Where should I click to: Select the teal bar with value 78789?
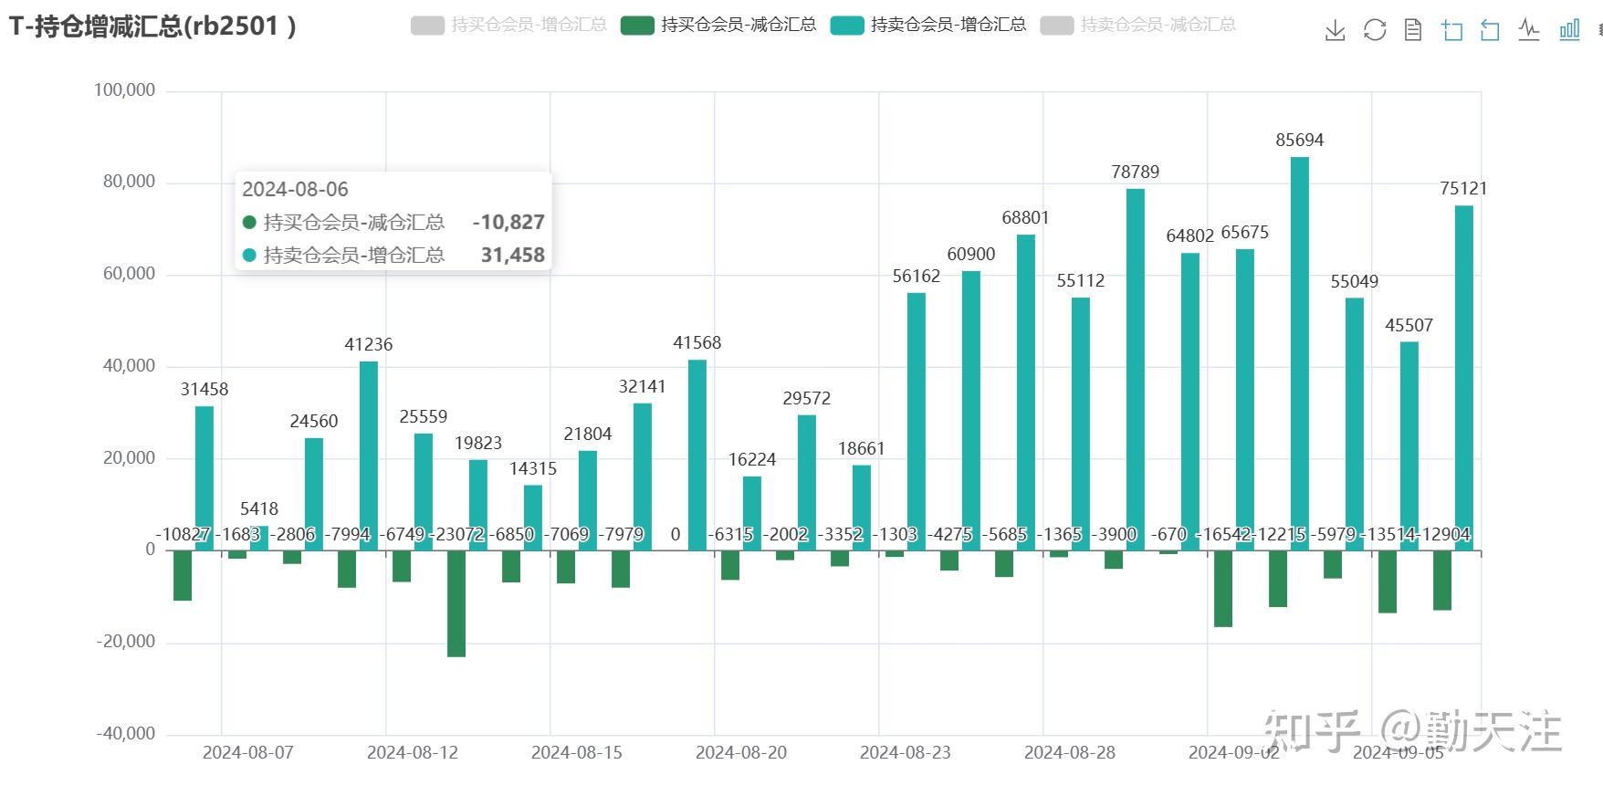click(1135, 370)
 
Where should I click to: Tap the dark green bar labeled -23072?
click(456, 603)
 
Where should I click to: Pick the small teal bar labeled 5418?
click(258, 539)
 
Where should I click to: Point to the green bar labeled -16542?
click(1222, 589)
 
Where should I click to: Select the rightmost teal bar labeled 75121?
click(1463, 378)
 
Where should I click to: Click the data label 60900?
click(970, 254)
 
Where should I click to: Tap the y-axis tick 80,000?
click(129, 182)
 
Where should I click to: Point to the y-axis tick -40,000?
click(126, 733)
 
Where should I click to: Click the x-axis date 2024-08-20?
click(740, 752)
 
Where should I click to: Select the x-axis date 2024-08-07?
click(247, 752)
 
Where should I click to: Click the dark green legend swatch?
click(637, 26)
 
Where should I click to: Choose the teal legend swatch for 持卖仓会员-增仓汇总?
click(847, 26)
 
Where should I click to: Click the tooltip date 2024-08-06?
click(295, 189)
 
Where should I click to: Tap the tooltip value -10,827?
click(508, 222)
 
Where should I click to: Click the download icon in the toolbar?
click(1335, 30)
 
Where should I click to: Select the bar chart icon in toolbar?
click(1569, 30)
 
